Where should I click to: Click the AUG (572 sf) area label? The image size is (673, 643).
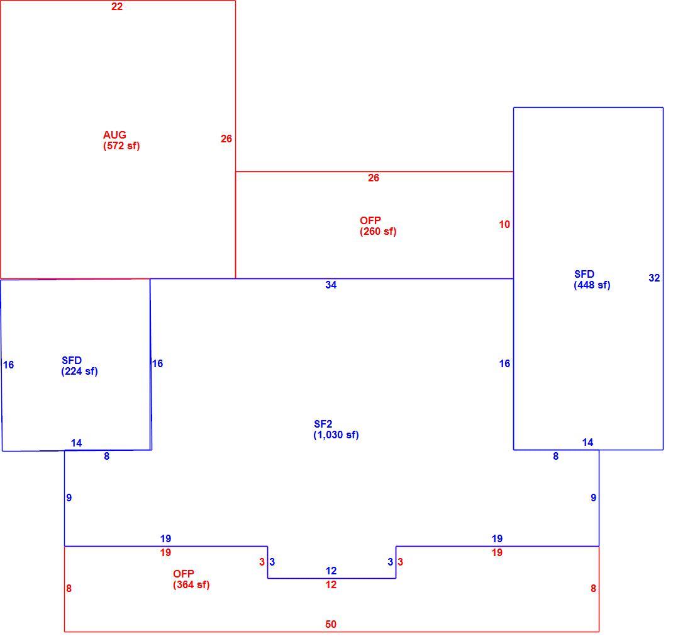[x=121, y=140]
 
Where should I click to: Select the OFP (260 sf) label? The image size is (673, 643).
[x=378, y=226]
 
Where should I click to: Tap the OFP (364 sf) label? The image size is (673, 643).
[x=191, y=579]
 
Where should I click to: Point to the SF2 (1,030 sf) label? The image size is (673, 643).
[x=336, y=430]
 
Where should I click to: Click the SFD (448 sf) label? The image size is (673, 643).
[x=592, y=280]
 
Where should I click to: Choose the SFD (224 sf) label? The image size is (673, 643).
[x=79, y=366]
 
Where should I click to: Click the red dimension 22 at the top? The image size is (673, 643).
[x=117, y=6]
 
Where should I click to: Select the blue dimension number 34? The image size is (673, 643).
[x=331, y=285]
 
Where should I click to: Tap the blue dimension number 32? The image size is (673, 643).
[x=654, y=278]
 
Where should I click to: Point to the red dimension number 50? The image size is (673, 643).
[x=331, y=624]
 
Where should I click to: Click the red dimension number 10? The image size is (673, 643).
[x=504, y=224]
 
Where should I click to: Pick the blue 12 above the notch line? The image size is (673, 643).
[x=331, y=571]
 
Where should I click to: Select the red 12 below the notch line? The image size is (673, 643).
[x=331, y=584]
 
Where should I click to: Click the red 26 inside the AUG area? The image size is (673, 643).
[x=226, y=139]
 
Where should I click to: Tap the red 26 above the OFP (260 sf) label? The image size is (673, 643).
[x=374, y=178]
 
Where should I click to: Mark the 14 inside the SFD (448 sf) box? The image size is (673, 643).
[x=587, y=442]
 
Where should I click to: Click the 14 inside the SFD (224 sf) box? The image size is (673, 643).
[x=76, y=443]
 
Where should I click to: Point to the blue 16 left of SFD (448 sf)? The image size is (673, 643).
[x=504, y=363]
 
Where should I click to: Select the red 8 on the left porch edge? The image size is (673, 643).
[x=69, y=588]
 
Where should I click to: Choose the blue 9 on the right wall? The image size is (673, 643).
[x=593, y=498]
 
